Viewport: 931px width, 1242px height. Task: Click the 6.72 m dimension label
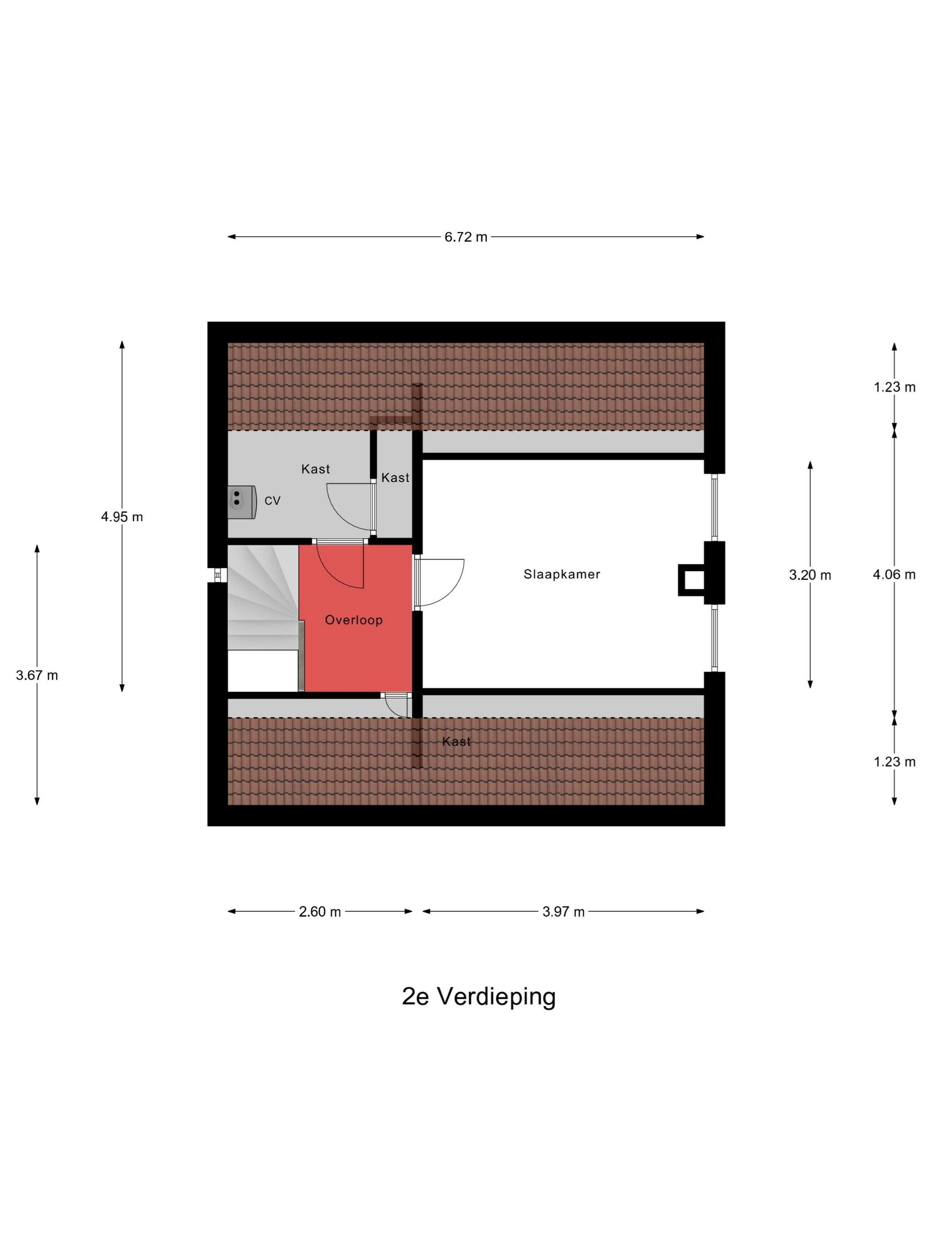[465, 237]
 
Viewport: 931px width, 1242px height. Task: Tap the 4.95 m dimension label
[122, 517]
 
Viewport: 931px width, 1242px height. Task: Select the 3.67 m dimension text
[37, 676]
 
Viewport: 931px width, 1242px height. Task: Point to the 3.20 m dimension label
[810, 575]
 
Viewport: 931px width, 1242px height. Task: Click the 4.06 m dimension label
[894, 574]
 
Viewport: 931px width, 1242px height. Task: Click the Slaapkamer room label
[562, 574]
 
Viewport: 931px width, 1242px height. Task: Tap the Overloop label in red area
[353, 620]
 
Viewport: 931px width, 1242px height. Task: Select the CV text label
[272, 501]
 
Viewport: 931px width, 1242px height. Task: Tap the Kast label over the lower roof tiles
[456, 742]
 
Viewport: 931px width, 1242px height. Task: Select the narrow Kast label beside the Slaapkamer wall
[395, 478]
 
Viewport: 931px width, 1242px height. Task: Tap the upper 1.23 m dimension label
[894, 387]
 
